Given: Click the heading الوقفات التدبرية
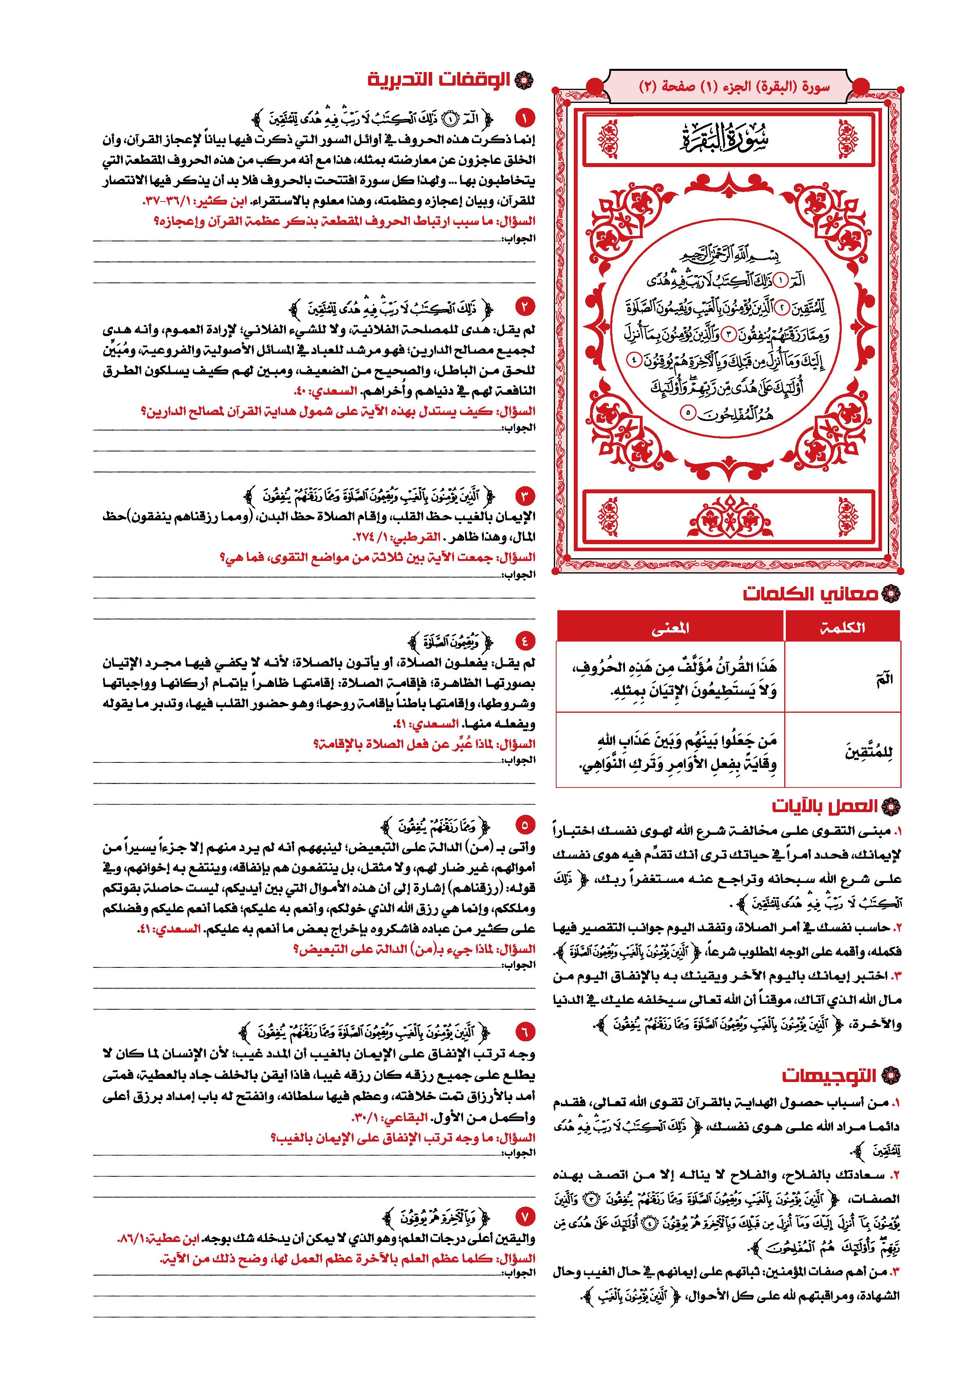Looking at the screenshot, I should click(x=444, y=80).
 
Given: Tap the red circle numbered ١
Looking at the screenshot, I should click(x=525, y=117).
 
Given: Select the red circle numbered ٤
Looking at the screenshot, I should click(x=525, y=641).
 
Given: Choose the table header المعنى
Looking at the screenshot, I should click(x=670, y=627).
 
